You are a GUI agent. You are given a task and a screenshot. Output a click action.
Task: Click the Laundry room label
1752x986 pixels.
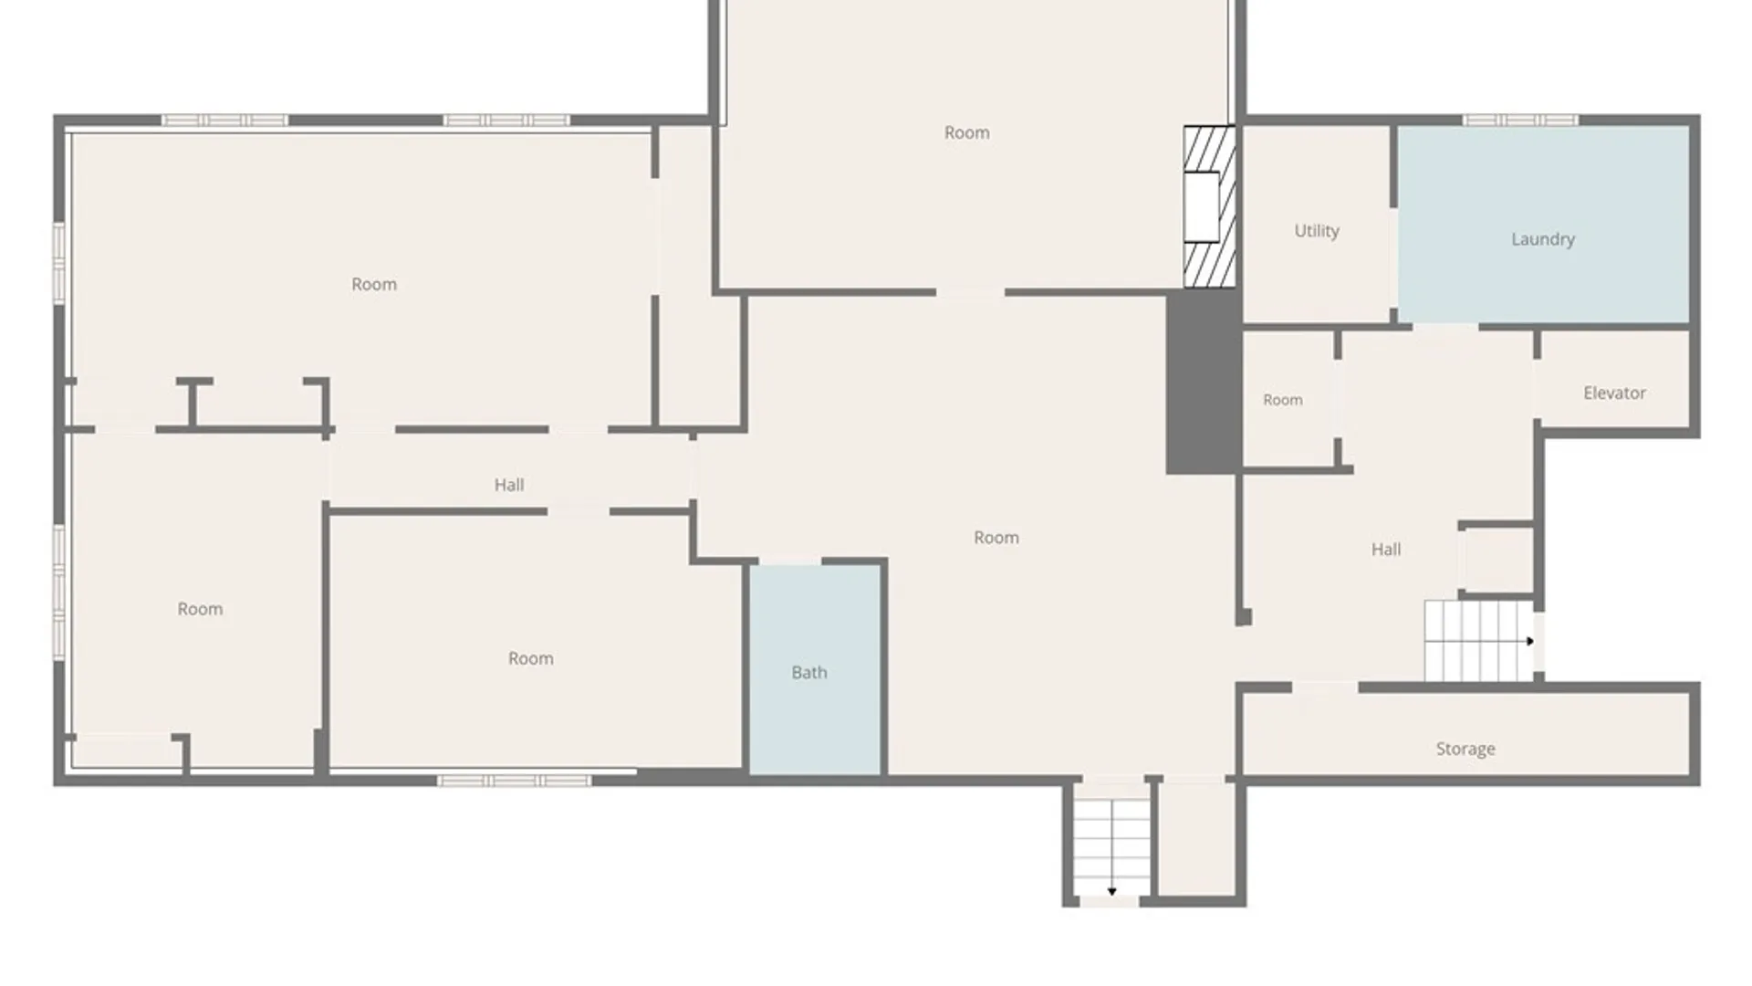[1542, 239]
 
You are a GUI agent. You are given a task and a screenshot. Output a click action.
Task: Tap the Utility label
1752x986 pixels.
[1317, 231]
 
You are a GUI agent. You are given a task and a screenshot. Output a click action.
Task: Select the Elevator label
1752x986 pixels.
[1614, 393]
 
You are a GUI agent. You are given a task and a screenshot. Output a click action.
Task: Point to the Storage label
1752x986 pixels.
[1465, 750]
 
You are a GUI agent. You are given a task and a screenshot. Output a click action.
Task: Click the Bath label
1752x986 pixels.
[809, 673]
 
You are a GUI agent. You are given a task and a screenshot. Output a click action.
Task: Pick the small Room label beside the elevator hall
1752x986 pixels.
[1282, 400]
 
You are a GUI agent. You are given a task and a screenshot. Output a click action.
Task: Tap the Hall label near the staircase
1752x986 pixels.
[1386, 550]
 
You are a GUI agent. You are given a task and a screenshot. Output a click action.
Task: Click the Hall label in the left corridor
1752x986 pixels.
[509, 485]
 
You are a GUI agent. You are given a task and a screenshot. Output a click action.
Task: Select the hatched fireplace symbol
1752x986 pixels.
[1210, 207]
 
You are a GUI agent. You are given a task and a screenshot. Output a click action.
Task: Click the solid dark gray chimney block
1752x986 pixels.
[1204, 382]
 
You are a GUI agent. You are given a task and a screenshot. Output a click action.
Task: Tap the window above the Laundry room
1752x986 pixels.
[1521, 121]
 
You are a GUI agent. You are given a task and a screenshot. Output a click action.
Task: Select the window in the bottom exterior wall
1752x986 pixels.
[514, 781]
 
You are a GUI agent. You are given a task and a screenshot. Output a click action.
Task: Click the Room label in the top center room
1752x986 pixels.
[966, 133]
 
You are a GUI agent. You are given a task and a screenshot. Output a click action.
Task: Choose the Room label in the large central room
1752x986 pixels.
[996, 539]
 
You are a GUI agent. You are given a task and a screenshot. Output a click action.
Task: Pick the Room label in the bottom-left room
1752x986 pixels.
[200, 610]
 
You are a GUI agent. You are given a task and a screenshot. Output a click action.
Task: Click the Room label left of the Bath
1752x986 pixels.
[530, 659]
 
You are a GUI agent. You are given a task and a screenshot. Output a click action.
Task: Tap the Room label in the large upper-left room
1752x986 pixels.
[374, 285]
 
